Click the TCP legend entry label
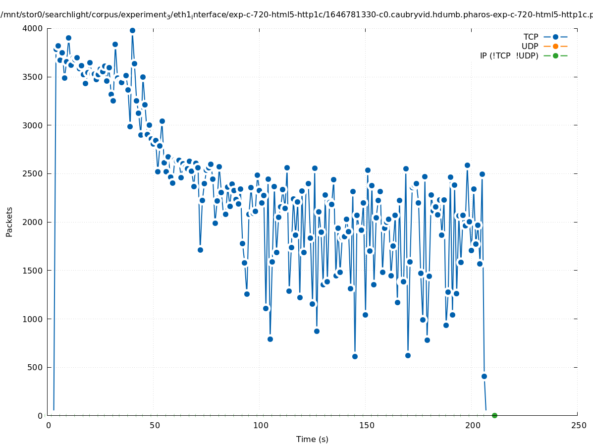[531, 37]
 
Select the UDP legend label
[530, 46]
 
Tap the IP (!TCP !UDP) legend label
[509, 56]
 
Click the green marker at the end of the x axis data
[494, 415]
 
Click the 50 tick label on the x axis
[155, 425]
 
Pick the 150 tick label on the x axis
[366, 425]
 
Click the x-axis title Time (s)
[312, 439]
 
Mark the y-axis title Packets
[9, 221]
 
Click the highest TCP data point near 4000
[132, 30]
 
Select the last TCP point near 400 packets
[484, 376]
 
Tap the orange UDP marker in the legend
[555, 46]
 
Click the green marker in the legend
[555, 56]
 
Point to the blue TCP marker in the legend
[555, 37]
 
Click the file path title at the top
[296, 15]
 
